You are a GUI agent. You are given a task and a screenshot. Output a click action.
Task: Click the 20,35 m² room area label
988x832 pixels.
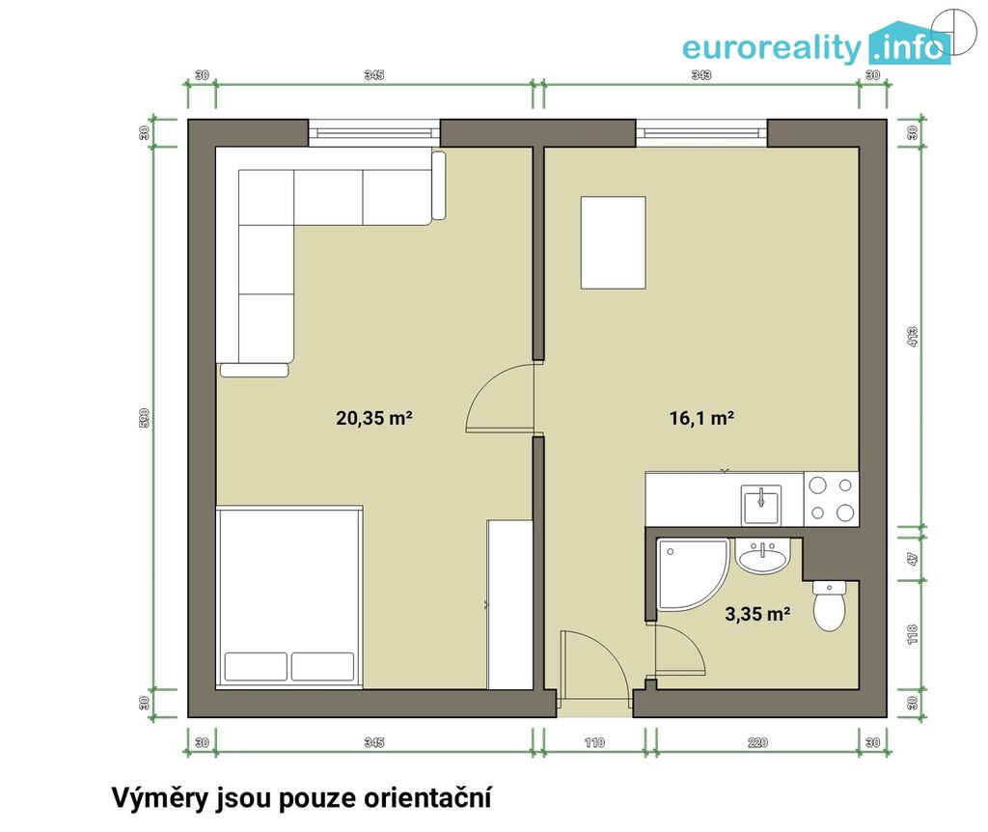tap(374, 418)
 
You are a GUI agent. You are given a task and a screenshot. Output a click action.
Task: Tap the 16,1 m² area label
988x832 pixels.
tap(701, 418)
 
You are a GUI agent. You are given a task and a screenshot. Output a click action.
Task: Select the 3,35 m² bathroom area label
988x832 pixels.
tap(757, 613)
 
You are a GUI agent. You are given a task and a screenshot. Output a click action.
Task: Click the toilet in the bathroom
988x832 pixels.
tap(830, 605)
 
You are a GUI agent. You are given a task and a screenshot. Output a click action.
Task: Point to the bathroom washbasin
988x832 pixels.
tap(763, 557)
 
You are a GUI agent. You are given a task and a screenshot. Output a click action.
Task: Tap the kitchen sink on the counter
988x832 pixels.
tap(762, 505)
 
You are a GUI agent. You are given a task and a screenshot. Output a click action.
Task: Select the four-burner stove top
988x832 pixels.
tap(831, 499)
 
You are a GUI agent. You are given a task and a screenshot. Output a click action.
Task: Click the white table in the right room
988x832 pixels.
tap(613, 242)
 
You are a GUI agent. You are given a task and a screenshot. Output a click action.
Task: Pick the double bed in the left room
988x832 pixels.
tap(289, 596)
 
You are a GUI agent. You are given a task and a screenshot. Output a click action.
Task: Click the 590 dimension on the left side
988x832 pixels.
tap(144, 418)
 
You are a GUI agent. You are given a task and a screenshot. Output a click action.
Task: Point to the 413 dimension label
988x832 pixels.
tap(912, 337)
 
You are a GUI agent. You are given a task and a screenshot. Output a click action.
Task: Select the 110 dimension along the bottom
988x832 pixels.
tap(594, 742)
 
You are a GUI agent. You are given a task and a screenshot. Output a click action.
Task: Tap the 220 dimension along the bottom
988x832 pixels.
tap(757, 742)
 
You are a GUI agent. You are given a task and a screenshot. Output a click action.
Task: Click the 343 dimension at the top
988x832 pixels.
tap(701, 75)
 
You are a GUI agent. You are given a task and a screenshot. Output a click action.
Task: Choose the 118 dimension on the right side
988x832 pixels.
tap(912, 634)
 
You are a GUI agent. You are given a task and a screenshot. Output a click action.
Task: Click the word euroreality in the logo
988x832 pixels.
tap(771, 48)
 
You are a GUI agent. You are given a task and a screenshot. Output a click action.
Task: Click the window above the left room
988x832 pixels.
tap(374, 133)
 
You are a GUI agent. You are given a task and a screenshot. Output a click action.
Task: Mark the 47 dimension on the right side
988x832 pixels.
tap(912, 559)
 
